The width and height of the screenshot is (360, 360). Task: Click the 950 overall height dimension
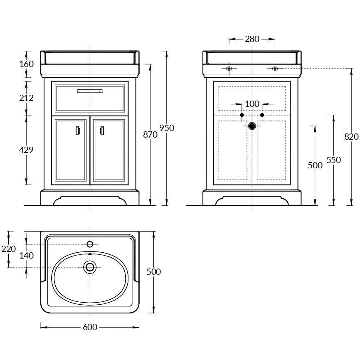[167, 128]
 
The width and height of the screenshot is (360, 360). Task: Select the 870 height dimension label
[150, 135]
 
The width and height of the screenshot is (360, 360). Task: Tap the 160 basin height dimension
[27, 64]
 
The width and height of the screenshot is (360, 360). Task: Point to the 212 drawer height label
[27, 98]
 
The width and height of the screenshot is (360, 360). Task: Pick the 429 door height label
[26, 150]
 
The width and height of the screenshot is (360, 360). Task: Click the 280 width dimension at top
[252, 39]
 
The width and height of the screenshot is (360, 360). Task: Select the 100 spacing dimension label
[252, 104]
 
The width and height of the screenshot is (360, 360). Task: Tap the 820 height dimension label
[351, 137]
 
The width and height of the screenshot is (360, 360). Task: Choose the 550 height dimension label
[333, 160]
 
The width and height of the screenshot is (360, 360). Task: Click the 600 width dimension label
[90, 327]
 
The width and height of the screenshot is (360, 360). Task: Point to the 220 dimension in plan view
[8, 249]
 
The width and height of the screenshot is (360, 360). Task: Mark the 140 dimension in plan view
[27, 256]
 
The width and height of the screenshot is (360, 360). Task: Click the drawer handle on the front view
[90, 91]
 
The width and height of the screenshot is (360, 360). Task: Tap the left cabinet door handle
[78, 131]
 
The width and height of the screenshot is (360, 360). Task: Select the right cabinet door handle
[102, 131]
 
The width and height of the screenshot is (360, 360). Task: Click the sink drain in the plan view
[90, 267]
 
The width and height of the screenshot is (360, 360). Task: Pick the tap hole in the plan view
[90, 244]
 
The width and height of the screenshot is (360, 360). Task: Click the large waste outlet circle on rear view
[252, 126]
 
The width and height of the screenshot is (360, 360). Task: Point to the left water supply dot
[242, 115]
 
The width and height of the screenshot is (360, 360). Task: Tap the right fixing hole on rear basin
[275, 69]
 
